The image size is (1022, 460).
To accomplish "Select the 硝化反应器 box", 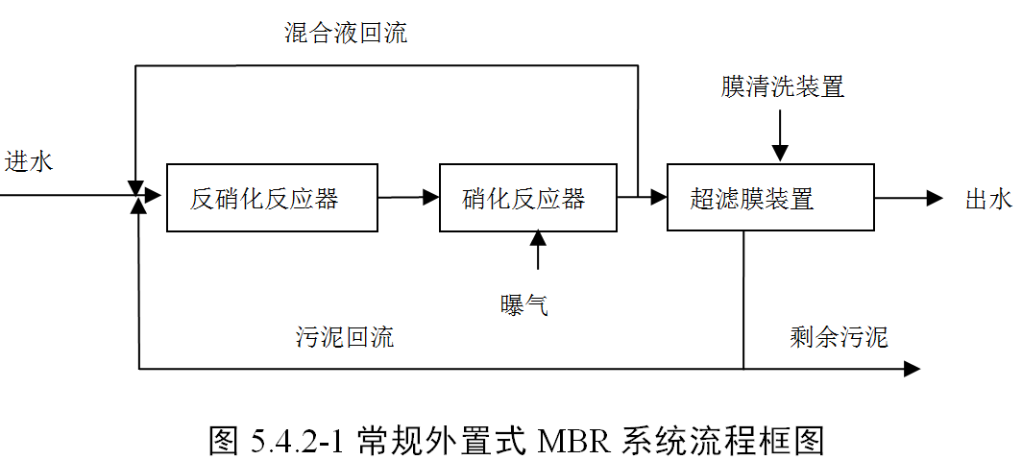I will coord(527,198).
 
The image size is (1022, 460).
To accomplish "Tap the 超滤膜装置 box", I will coord(770,198).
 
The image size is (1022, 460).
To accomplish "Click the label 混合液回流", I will coord(346,34).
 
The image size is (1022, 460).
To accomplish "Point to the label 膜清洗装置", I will coord(783,87).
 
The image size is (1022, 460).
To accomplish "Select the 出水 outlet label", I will coord(988,200).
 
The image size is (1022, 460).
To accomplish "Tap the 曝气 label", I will coord(524,305).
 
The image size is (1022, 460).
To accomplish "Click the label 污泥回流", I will coord(344,337).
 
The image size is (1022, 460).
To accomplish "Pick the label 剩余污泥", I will coord(839,337).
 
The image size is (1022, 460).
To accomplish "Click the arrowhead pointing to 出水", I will coord(935,198).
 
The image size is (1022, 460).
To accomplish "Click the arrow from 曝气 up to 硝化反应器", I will coord(537,250).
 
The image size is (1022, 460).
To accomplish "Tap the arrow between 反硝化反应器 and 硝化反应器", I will coord(408,198).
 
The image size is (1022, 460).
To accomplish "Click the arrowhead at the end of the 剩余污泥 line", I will coord(912,369).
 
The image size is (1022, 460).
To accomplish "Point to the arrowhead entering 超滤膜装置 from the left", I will coord(658,198).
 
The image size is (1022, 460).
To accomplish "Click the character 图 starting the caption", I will coord(224,438).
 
